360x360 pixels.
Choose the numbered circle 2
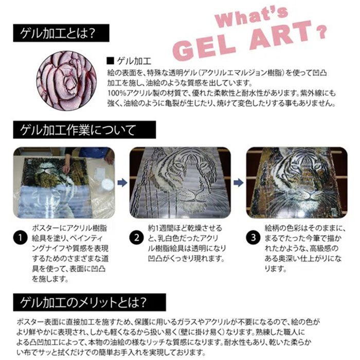point(136,238)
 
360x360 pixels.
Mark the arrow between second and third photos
point(238,182)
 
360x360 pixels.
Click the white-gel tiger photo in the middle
point(179,182)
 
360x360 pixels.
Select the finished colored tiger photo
point(297,182)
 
